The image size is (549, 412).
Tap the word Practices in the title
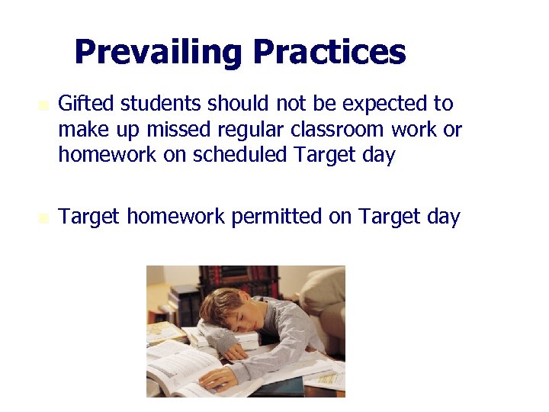(329, 53)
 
